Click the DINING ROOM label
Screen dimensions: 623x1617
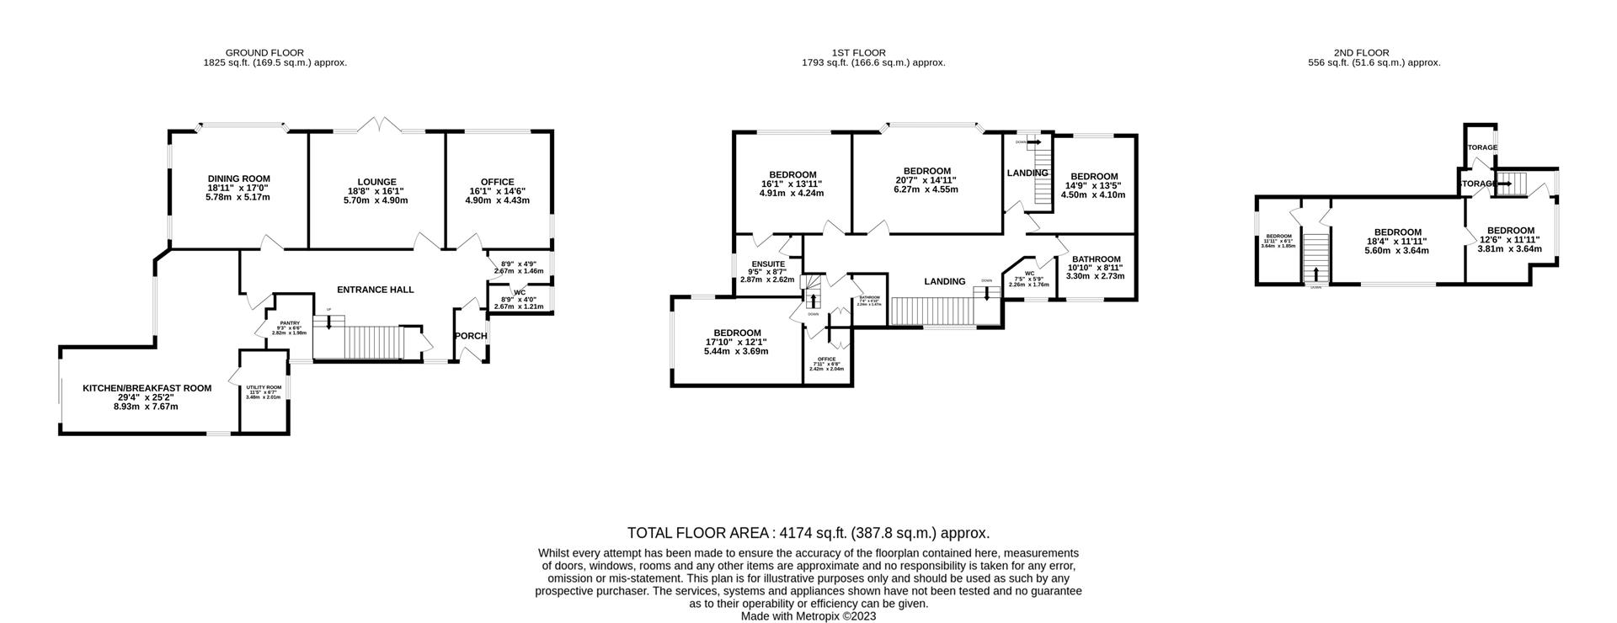coord(238,178)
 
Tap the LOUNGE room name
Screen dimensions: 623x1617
coord(376,182)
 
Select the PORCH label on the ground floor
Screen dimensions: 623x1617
coord(471,336)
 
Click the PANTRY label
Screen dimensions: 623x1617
coord(290,322)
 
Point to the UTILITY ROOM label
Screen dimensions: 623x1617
coord(263,387)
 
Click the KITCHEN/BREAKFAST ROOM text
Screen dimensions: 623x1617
coord(147,388)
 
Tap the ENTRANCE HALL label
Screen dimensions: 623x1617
coord(375,290)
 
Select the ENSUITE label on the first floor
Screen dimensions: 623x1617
coord(767,264)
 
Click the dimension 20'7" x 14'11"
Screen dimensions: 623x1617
coord(926,180)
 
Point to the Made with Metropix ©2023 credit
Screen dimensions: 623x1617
coord(808,616)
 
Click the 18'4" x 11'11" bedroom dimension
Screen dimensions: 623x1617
coord(1398,242)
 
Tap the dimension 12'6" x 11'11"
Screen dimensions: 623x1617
coord(1510,239)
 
